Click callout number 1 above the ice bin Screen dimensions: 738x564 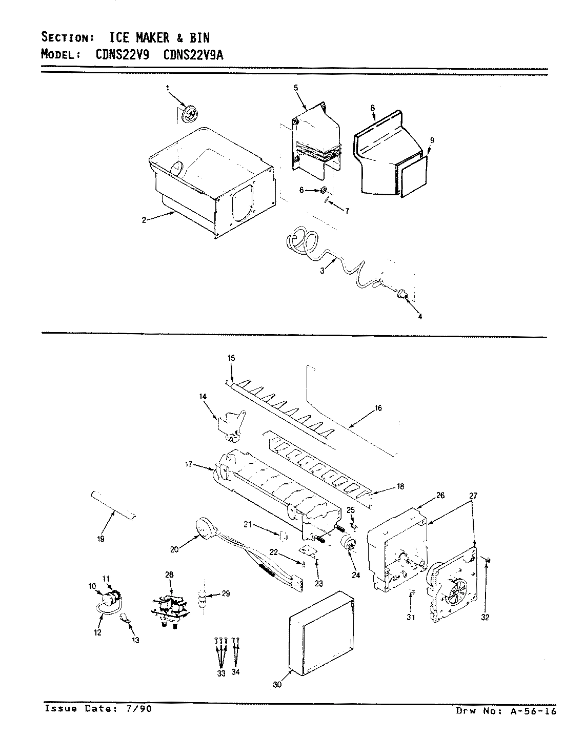point(167,89)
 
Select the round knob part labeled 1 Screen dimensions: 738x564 point(189,113)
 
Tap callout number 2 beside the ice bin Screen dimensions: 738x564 point(145,220)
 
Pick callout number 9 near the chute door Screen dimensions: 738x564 point(432,140)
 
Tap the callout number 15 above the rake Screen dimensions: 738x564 point(231,358)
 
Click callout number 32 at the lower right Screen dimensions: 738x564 point(485,617)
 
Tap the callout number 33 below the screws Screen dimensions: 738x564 point(221,673)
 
